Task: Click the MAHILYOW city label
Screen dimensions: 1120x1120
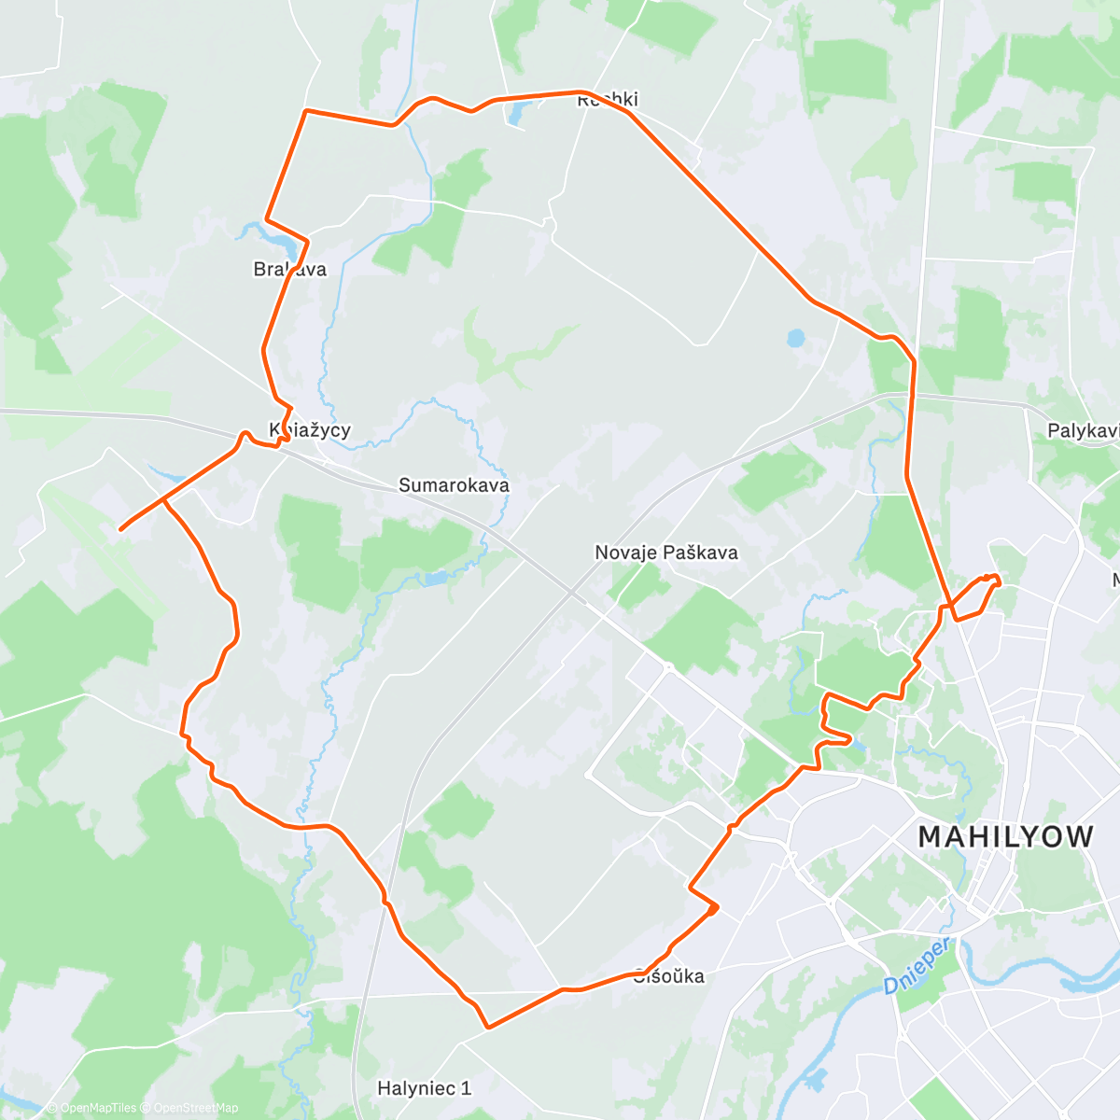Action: click(1005, 836)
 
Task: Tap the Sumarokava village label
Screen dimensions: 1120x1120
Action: click(454, 485)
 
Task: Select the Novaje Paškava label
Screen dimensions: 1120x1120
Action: click(666, 553)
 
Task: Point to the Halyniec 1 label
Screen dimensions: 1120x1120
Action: click(424, 1088)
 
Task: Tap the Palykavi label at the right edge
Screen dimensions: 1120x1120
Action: click(1083, 431)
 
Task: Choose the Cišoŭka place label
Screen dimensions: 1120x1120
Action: click(668, 976)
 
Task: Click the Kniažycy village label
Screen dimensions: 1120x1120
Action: click(310, 430)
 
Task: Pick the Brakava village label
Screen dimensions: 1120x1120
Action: click(290, 270)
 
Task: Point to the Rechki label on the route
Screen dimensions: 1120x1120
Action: click(608, 100)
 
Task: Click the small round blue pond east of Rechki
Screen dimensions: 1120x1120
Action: click(795, 337)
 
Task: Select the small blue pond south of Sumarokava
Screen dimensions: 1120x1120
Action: click(435, 579)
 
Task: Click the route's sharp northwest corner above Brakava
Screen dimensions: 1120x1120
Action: click(305, 111)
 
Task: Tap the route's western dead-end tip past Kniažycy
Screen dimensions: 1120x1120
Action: click(121, 529)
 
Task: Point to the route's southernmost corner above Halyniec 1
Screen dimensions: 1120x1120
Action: click(488, 1028)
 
